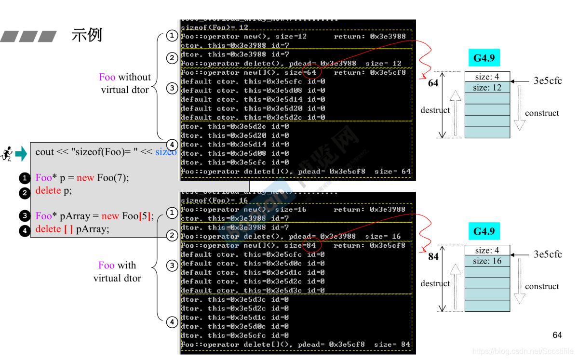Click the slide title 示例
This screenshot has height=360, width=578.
point(87,35)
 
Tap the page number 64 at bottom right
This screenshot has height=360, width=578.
point(557,335)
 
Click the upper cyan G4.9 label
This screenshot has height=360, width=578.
point(484,58)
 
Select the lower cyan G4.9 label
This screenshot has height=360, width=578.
point(484,231)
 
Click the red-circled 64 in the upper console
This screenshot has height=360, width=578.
point(311,72)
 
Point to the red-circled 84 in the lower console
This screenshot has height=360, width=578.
point(311,245)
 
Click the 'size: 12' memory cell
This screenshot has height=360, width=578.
point(487,88)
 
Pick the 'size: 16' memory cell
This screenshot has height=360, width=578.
point(487,261)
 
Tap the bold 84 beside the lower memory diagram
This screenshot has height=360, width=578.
point(433,256)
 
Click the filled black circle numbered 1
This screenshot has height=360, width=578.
point(25,178)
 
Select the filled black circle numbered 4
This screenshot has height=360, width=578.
point(25,230)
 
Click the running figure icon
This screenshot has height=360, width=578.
point(7,154)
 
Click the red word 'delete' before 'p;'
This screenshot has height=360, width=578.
point(48,190)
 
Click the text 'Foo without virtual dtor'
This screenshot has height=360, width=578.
point(125,83)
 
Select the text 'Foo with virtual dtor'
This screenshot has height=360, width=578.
point(117,271)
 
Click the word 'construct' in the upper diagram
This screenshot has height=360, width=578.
point(542,113)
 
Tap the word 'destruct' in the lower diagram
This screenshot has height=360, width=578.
point(435,283)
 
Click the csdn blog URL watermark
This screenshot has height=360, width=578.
point(523,351)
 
